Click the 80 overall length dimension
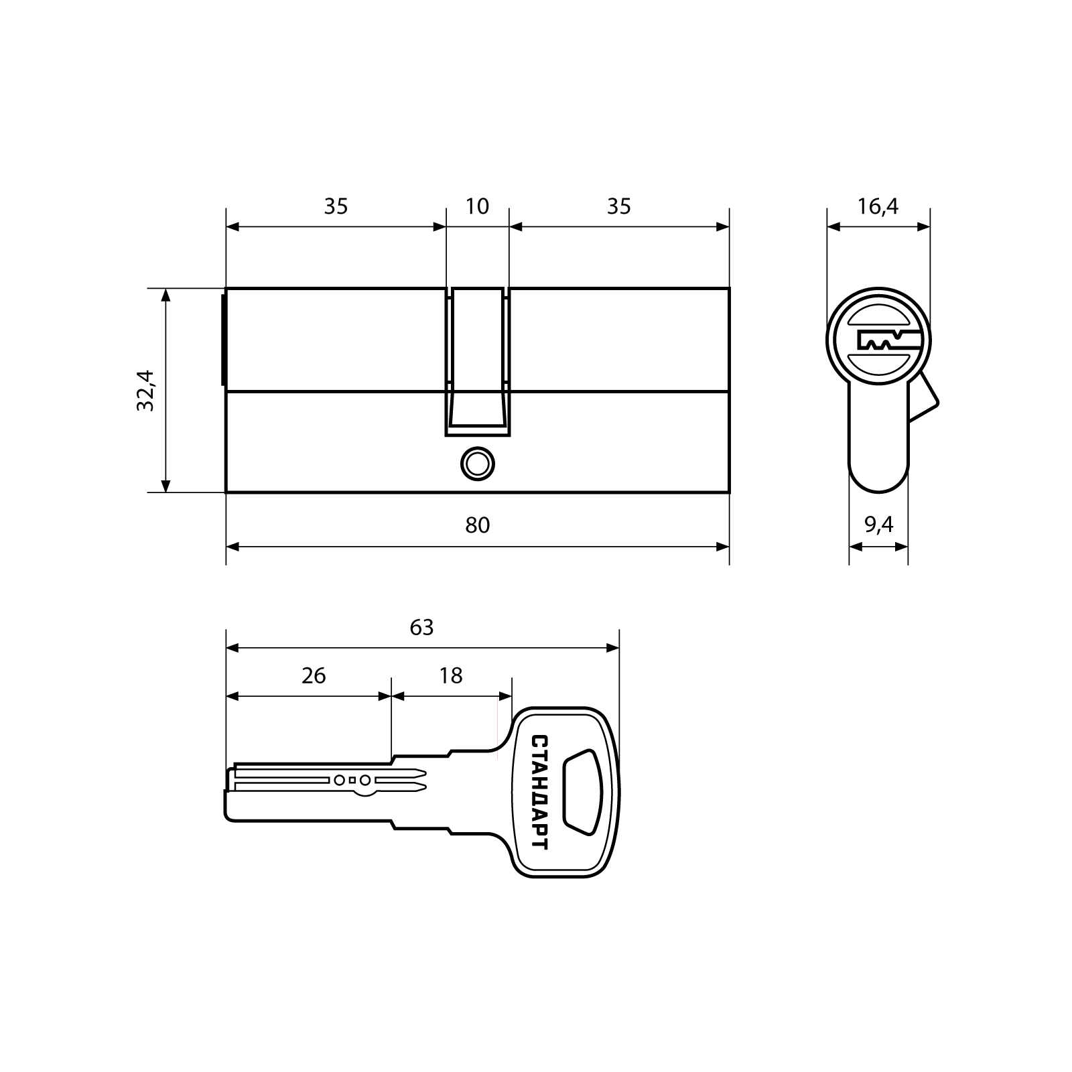tap(478, 525)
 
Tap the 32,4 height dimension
tap(145, 391)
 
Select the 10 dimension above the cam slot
tap(477, 206)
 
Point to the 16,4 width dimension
tap(878, 206)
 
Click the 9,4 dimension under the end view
tap(878, 525)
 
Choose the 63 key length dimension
tap(421, 627)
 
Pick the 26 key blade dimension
tap(314, 675)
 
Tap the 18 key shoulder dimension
tap(451, 675)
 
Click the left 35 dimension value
tap(336, 206)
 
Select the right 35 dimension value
tap(618, 206)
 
